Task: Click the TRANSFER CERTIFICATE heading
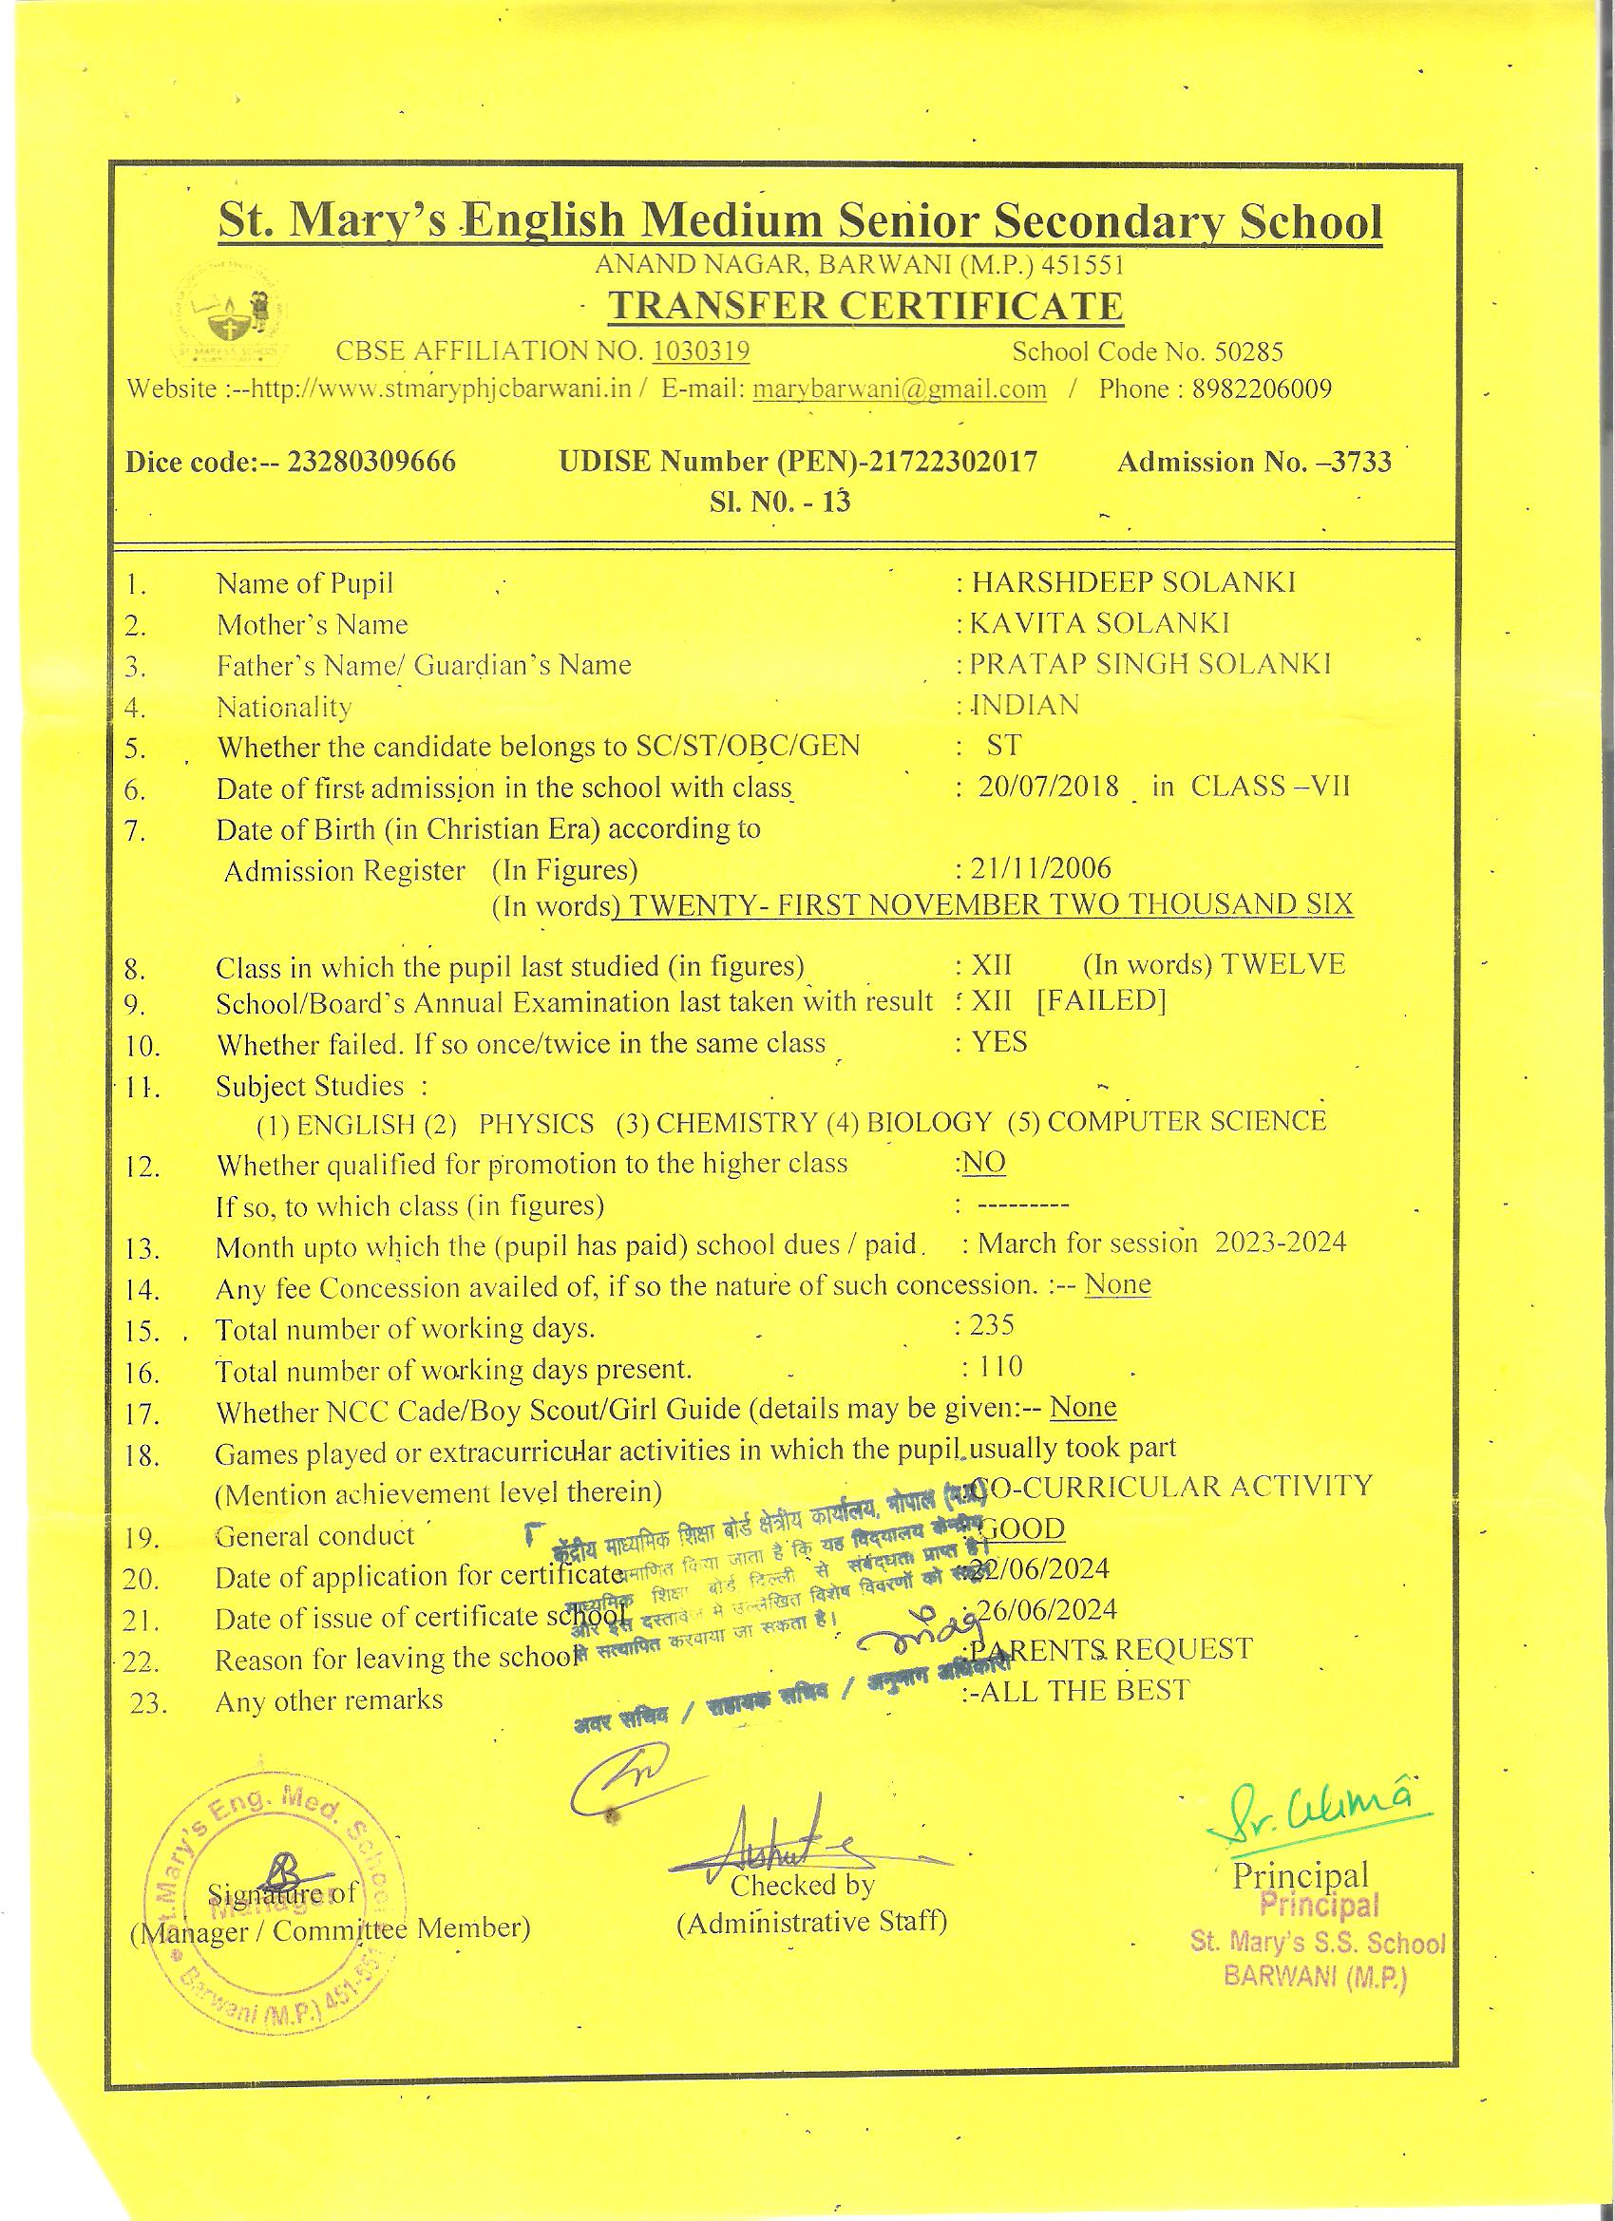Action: [x=864, y=307]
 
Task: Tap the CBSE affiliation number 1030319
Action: [x=701, y=351]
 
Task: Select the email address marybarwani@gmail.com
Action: [x=899, y=389]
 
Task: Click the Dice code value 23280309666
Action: [x=371, y=462]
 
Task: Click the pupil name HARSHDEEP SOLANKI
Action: [x=1133, y=582]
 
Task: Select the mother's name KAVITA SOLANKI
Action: [x=1100, y=624]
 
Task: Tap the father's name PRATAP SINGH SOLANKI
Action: [x=1149, y=665]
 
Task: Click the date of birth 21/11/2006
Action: [x=1040, y=868]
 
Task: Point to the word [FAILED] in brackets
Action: [x=1101, y=1002]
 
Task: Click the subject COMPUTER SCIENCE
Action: [x=1186, y=1121]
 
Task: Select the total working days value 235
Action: [x=992, y=1326]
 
